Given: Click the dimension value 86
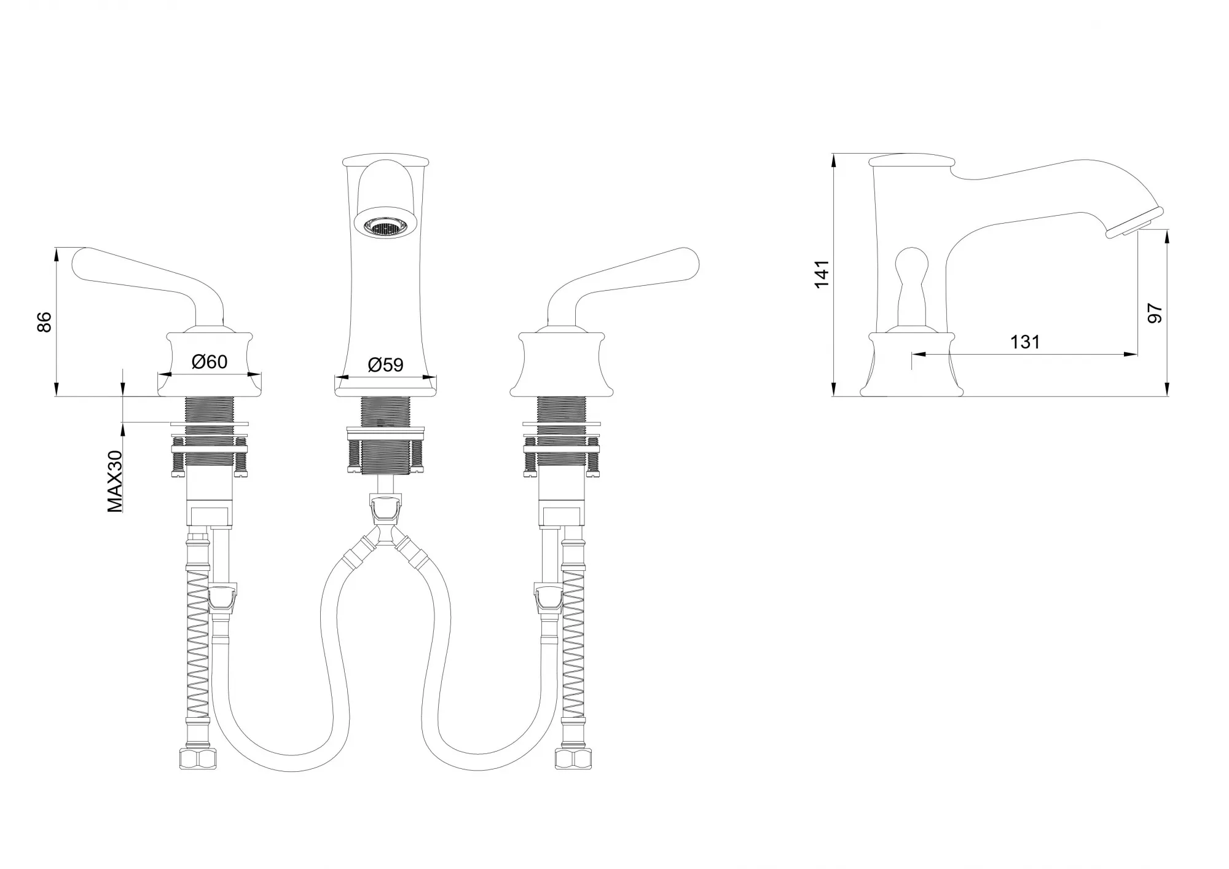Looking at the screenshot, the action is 45,322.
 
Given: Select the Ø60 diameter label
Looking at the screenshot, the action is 210,362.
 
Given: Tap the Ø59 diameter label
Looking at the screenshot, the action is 385,365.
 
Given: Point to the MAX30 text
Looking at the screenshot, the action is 115,481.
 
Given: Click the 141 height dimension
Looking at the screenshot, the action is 822,273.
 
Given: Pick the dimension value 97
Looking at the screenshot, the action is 1155,313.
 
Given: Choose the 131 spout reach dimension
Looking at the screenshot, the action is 1025,342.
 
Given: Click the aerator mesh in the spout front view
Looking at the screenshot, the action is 385,227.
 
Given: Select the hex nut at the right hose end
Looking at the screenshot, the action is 573,758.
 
